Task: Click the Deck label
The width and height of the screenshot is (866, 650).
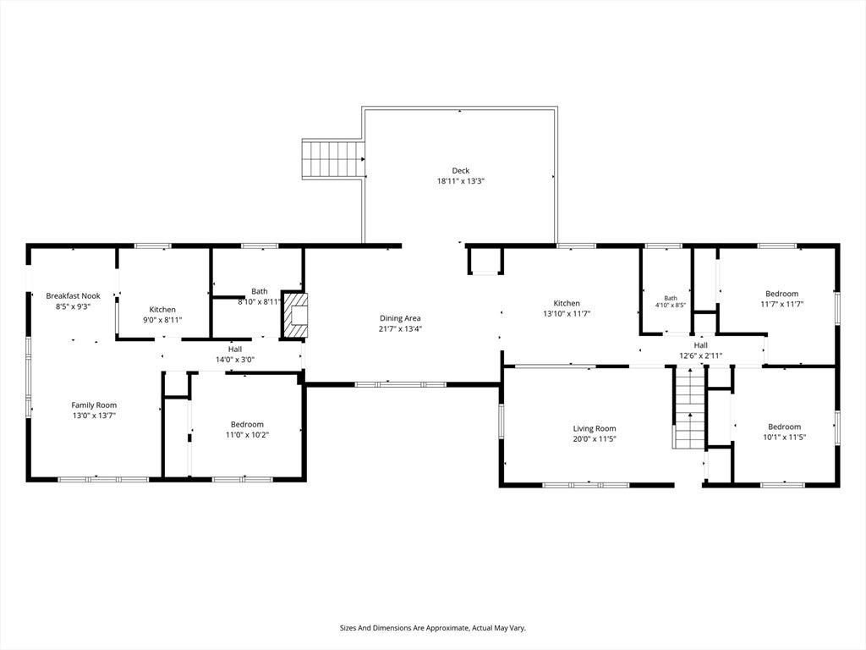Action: (x=461, y=171)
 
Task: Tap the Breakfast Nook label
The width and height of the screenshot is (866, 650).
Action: (x=73, y=296)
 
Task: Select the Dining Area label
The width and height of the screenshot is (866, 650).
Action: (x=400, y=318)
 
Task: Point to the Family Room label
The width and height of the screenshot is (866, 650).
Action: (x=94, y=405)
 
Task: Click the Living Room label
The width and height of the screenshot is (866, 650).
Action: (x=595, y=428)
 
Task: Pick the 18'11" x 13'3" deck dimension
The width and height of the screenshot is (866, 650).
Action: (x=461, y=181)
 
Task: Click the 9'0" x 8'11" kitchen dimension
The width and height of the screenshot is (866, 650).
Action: (x=162, y=319)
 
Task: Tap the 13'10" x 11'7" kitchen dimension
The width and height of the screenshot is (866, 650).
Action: (x=567, y=313)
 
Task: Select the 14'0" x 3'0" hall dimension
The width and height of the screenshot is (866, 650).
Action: (x=235, y=359)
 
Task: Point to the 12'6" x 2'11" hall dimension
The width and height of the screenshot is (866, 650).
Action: (x=700, y=356)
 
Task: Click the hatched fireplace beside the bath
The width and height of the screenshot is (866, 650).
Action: (x=295, y=315)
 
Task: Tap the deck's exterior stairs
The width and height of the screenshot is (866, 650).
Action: (x=333, y=159)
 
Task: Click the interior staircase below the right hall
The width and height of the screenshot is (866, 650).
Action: (x=690, y=407)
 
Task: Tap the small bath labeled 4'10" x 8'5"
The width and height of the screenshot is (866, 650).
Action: (x=671, y=302)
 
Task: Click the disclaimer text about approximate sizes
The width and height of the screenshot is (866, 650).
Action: (x=432, y=628)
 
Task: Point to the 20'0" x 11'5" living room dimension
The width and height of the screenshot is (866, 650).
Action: (x=595, y=439)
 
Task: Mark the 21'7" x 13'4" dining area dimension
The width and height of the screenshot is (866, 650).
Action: (x=400, y=329)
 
